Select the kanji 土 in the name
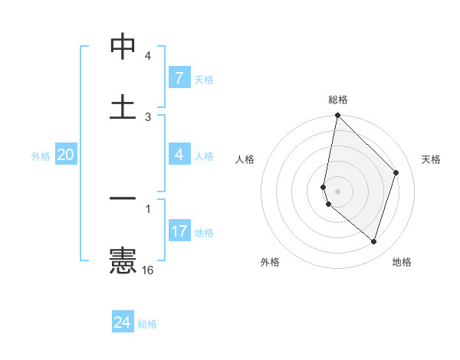pyautogui.click(x=123, y=106)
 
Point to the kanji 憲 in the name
pyautogui.click(x=123, y=260)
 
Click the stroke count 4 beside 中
pyautogui.click(x=148, y=56)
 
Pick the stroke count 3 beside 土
pyautogui.click(x=148, y=116)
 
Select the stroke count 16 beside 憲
pyautogui.click(x=148, y=270)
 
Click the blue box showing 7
pyautogui.click(x=179, y=77)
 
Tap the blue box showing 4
pyautogui.click(x=179, y=155)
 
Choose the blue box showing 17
pyautogui.click(x=179, y=231)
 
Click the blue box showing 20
pyautogui.click(x=65, y=155)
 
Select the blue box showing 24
pyautogui.click(x=122, y=322)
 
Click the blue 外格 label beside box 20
pyautogui.click(x=41, y=156)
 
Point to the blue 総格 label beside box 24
pyautogui.click(x=147, y=324)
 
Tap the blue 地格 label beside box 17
pyautogui.click(x=204, y=232)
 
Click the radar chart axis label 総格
pyautogui.click(x=338, y=100)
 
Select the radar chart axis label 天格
pyautogui.click(x=432, y=159)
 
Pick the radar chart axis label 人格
pyautogui.click(x=245, y=159)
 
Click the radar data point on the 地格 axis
pyautogui.click(x=374, y=242)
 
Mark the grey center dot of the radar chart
pyautogui.click(x=337, y=191)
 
